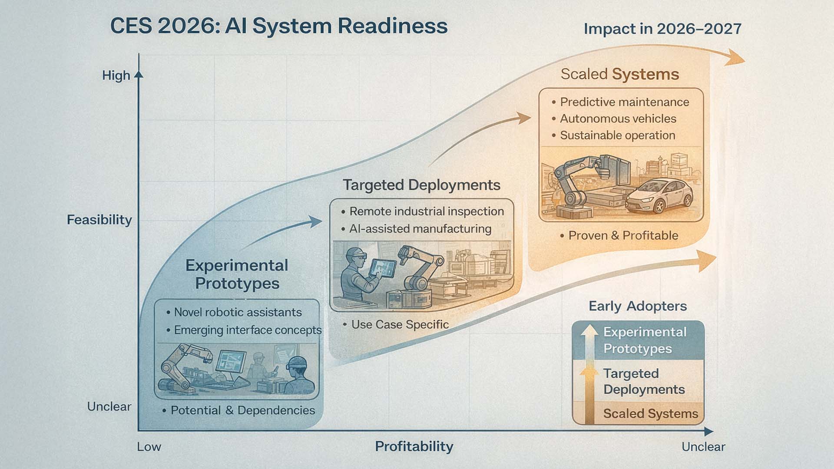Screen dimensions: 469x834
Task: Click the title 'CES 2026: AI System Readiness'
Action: (x=278, y=26)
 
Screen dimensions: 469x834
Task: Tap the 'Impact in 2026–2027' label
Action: (x=662, y=29)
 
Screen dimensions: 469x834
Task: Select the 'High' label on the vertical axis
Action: (x=116, y=76)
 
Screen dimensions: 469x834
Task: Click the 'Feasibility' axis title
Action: (x=99, y=220)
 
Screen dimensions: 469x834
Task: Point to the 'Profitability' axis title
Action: (x=414, y=446)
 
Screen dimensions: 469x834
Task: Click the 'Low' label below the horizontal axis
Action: (x=149, y=447)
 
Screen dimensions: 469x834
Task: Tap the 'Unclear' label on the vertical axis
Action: (x=109, y=407)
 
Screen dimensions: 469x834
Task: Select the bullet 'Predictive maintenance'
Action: (x=624, y=102)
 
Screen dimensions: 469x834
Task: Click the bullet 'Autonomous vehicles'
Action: (x=618, y=119)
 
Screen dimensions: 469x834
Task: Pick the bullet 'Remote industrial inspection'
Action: (x=426, y=211)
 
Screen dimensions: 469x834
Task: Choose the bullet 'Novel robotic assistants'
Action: (x=238, y=312)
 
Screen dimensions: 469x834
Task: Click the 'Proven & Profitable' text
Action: (x=623, y=235)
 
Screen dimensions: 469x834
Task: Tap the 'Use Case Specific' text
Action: (x=400, y=324)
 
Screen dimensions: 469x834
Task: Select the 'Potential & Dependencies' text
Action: (x=242, y=410)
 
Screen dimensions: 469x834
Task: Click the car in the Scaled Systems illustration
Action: (x=660, y=195)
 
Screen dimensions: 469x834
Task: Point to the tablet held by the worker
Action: (x=383, y=268)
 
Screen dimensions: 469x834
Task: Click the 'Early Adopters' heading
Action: (x=638, y=306)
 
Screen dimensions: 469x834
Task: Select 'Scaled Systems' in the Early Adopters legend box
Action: (x=650, y=414)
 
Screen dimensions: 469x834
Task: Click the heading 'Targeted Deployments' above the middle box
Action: (x=421, y=185)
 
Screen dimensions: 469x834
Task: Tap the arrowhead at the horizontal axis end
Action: (x=708, y=432)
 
